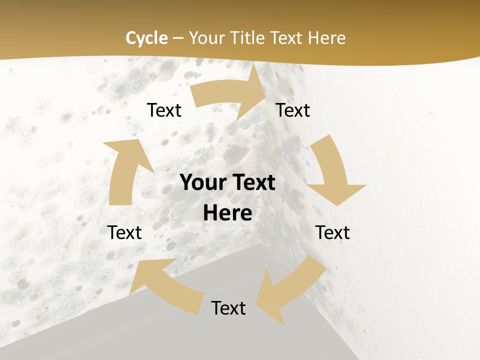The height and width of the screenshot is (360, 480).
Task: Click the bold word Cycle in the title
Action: pos(146,38)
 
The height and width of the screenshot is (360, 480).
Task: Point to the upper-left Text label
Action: pos(164,110)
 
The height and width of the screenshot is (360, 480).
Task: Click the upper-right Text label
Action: pos(293,110)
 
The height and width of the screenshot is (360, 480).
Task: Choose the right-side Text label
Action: pos(332,232)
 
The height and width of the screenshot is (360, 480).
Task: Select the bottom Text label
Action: pos(228,308)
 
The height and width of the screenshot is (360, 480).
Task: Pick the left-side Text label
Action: pos(124,232)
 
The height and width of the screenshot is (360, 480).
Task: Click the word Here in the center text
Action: pos(227,213)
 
